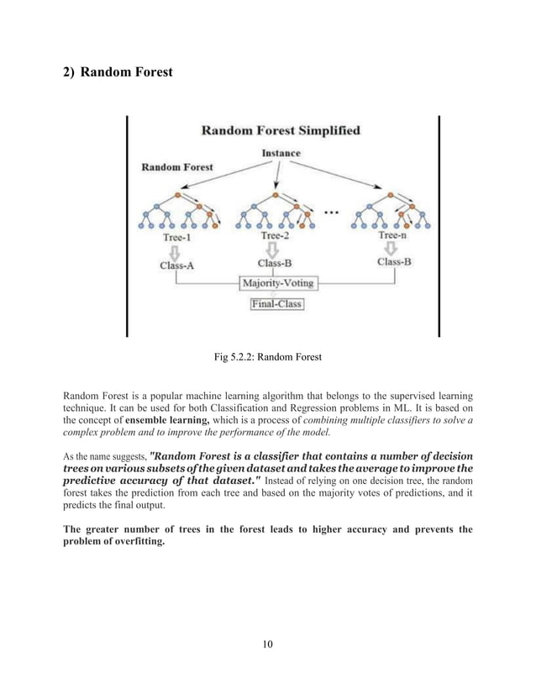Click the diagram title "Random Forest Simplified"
tap(281, 131)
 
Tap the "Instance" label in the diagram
tap(281, 154)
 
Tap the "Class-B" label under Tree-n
tap(394, 262)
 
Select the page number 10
tap(267, 644)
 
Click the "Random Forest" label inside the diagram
tap(177, 167)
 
